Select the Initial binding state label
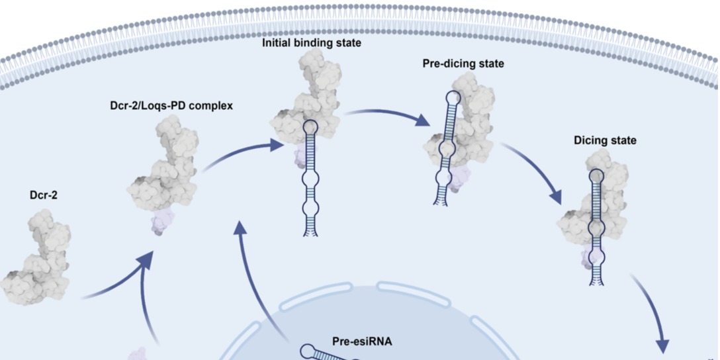tap(311, 44)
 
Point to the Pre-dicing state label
tap(463, 64)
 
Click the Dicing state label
tap(606, 140)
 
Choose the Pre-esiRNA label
tap(363, 341)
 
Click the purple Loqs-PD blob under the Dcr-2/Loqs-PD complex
tap(161, 221)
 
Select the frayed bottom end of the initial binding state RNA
tap(310, 232)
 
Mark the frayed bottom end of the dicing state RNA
tap(596, 281)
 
